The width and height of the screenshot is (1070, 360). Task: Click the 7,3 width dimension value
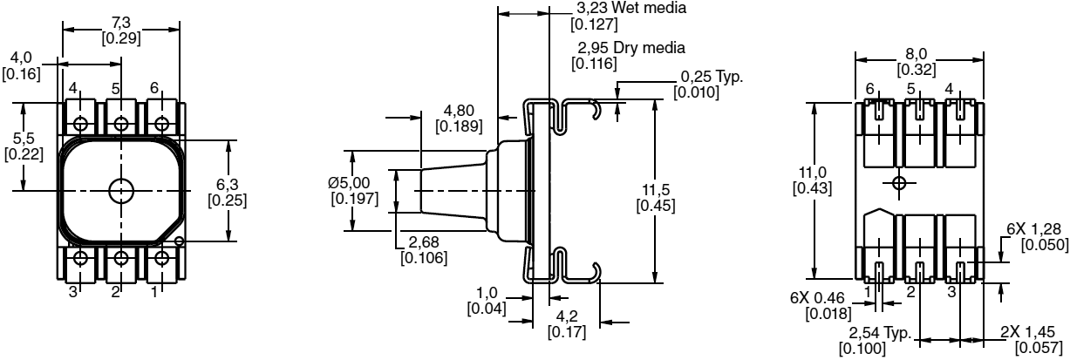pyautogui.click(x=120, y=19)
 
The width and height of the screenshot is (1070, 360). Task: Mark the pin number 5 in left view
pyautogui.click(x=116, y=88)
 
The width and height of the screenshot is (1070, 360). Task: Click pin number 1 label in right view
pyautogui.click(x=869, y=289)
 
